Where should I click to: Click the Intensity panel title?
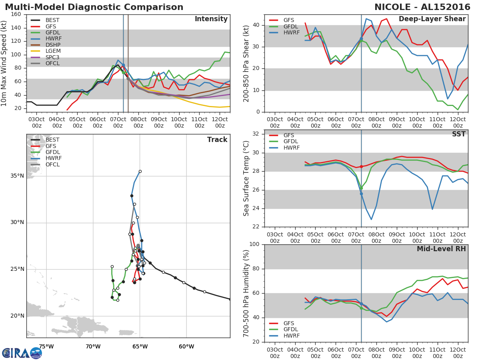(211, 19)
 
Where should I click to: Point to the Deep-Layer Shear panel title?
(432, 19)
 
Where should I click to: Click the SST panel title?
(458, 134)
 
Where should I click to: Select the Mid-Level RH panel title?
(441, 249)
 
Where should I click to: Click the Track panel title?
(217, 140)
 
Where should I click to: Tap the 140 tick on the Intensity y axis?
(16, 28)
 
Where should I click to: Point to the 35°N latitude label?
(17, 176)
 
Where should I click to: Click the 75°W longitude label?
(46, 346)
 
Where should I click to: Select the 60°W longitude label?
(186, 346)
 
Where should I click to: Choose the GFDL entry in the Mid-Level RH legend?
(292, 330)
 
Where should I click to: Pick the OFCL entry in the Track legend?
(52, 165)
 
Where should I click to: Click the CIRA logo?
(22, 353)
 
